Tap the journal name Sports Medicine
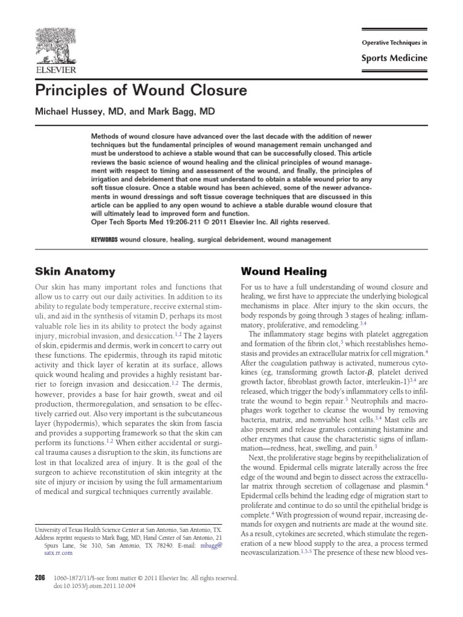click(395, 58)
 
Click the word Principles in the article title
click(71, 92)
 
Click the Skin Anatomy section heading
click(75, 272)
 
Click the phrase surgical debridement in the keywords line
click(228, 240)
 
